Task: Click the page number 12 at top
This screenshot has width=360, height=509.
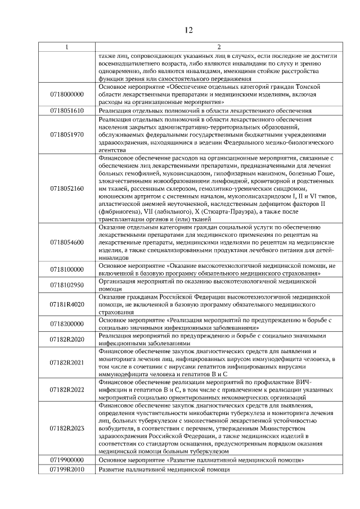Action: pos(188,30)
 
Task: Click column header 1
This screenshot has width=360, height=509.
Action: pos(67,47)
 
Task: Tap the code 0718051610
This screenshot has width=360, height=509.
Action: pos(67,111)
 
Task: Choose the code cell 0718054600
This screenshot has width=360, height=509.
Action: pos(67,242)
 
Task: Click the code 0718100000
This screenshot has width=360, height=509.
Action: pos(67,269)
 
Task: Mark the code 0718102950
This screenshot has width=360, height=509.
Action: pos(67,285)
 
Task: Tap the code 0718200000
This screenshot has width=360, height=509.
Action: pos(67,324)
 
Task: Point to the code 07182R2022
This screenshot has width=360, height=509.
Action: pos(67,390)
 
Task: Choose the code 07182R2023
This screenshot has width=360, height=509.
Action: pos(67,429)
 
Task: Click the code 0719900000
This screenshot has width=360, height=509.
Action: pos(67,460)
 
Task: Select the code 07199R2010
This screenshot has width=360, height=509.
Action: pos(67,469)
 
